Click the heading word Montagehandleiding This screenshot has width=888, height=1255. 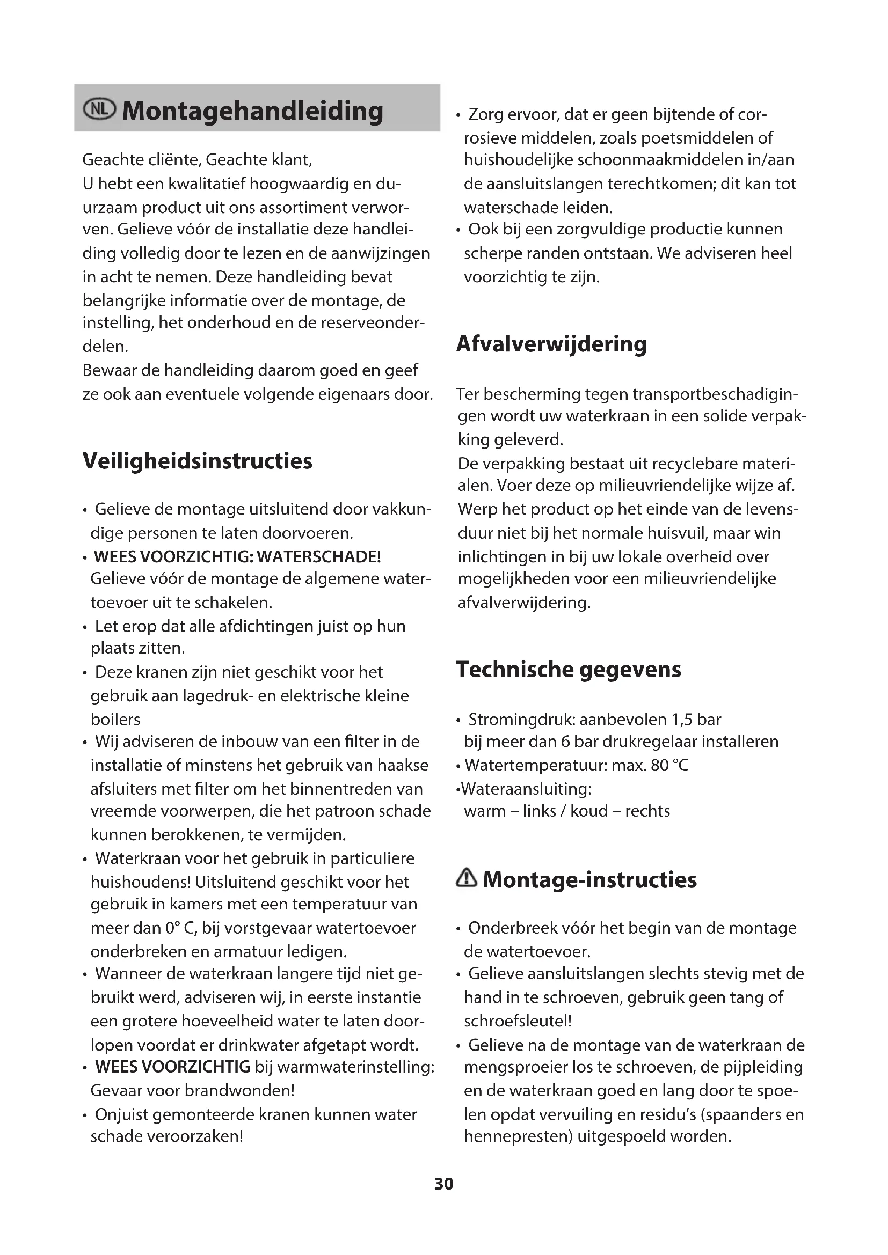point(253,111)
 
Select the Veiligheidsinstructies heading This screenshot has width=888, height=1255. point(198,461)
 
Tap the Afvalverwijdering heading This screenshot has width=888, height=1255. point(551,344)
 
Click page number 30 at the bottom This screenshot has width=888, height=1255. point(443,1184)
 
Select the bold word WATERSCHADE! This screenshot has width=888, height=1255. point(319,556)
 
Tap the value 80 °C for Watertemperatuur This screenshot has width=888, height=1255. point(669,765)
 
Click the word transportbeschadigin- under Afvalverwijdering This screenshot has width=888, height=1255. point(715,394)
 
